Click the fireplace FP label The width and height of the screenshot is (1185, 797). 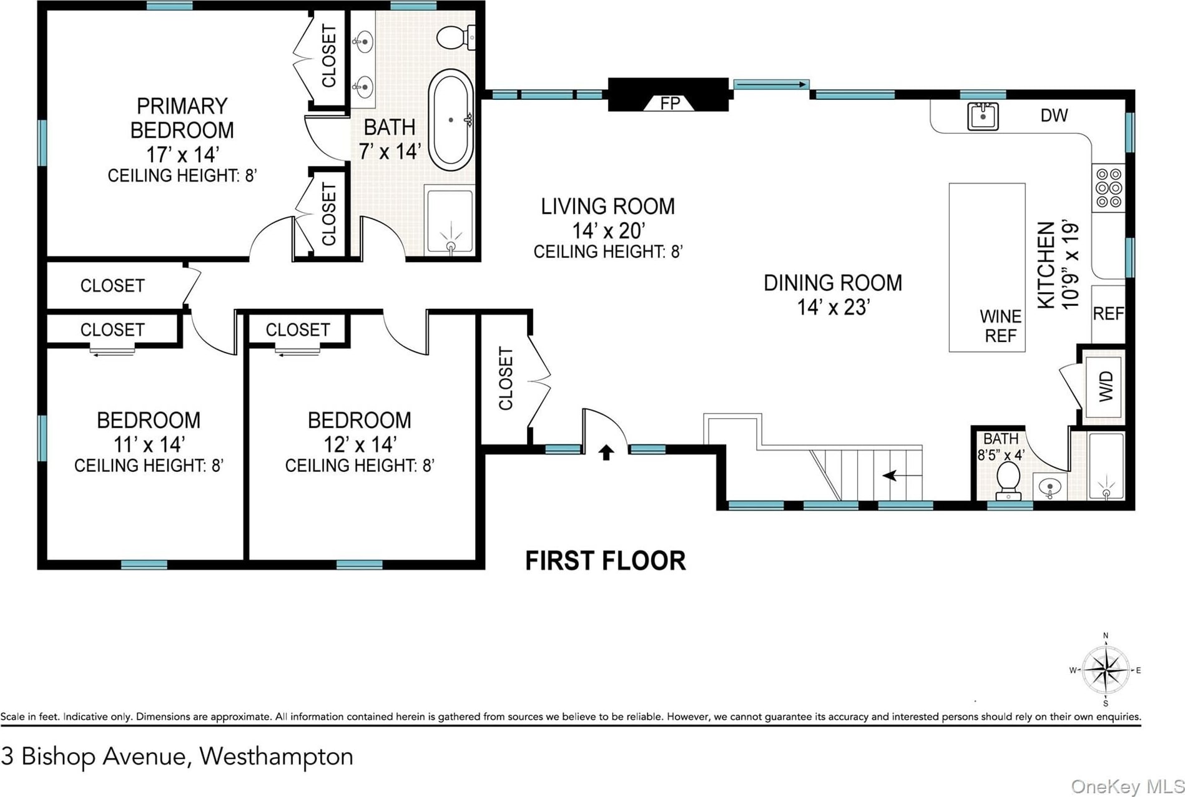click(x=670, y=103)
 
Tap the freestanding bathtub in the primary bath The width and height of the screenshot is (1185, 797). click(x=451, y=120)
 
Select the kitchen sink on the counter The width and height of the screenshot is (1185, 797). click(x=983, y=116)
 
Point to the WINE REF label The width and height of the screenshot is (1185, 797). click(x=1000, y=326)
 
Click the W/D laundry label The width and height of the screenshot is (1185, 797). click(x=1105, y=386)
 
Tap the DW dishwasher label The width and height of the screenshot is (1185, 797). click(x=1054, y=115)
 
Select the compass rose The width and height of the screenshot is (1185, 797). click(x=1106, y=670)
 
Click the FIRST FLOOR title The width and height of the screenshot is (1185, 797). click(x=605, y=560)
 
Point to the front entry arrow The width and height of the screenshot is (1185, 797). click(x=606, y=452)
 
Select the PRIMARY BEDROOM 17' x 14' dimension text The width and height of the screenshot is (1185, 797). click(x=182, y=154)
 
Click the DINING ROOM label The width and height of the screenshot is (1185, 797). click(x=833, y=283)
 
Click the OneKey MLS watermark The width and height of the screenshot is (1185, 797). click(x=1128, y=786)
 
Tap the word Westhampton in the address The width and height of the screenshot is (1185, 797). click(x=276, y=756)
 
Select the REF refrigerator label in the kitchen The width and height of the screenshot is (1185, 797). click(x=1108, y=313)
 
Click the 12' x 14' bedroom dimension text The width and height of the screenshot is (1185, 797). click(x=360, y=444)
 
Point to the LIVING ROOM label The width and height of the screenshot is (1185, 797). click(x=607, y=207)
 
